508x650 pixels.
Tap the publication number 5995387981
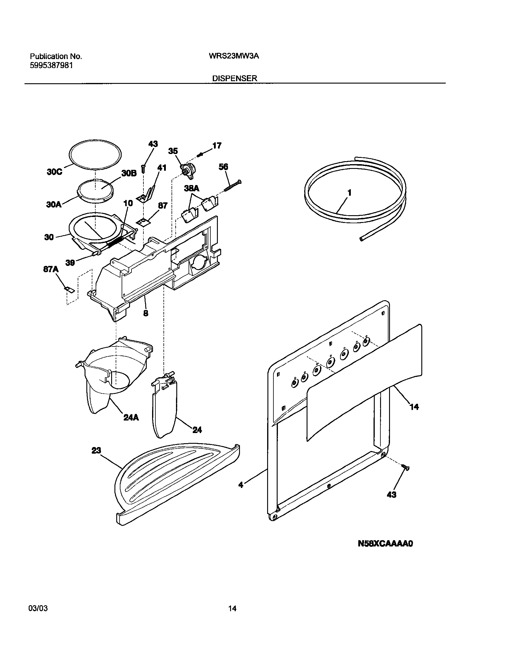[x=51, y=66]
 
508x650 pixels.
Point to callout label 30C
[x=55, y=172]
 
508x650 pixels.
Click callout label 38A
[x=192, y=189]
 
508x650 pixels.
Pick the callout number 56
[x=223, y=167]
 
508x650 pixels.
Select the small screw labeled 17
[x=201, y=155]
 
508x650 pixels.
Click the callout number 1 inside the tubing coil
[x=349, y=193]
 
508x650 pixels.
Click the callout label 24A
[x=131, y=418]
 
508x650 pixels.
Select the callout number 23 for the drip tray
[x=96, y=450]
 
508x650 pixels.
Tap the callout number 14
[x=414, y=406]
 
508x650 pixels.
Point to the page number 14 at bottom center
[x=232, y=614]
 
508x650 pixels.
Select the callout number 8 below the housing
[x=146, y=313]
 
